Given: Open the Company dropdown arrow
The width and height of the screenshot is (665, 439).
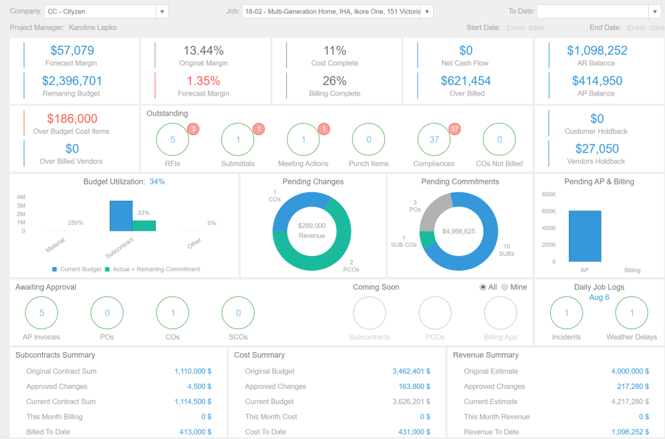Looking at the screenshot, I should [162, 12].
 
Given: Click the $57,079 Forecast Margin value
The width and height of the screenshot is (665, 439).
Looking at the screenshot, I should [71, 51].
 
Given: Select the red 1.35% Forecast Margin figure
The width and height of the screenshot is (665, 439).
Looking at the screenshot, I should [204, 81].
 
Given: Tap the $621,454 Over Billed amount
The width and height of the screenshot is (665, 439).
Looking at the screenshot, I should [466, 81].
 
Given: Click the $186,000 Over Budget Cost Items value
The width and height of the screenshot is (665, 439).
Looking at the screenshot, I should [71, 119].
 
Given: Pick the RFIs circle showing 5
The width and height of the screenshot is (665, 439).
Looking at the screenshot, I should [173, 140].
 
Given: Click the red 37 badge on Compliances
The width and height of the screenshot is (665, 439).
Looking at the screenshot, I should [455, 129].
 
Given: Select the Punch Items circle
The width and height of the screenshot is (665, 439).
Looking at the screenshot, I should [368, 140].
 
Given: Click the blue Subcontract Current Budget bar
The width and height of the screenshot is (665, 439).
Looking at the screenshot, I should [121, 216].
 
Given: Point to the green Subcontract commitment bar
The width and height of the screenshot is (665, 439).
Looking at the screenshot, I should [144, 225].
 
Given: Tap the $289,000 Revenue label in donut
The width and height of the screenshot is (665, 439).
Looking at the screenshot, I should [312, 231].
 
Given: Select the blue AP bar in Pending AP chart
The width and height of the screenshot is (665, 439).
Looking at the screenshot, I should [584, 236].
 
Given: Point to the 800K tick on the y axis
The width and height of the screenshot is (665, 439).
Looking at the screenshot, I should [548, 194].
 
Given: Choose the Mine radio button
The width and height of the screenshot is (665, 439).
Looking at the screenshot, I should [505, 287].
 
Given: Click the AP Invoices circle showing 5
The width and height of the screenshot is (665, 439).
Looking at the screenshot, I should [42, 313].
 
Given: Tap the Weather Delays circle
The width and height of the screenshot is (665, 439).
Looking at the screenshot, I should [631, 313].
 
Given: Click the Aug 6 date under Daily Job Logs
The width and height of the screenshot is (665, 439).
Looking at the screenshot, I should [599, 297].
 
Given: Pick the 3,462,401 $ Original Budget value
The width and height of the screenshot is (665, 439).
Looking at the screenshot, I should [410, 371].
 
